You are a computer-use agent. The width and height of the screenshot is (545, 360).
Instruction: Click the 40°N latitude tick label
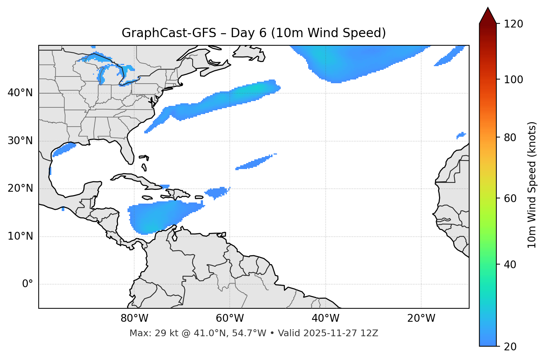20,93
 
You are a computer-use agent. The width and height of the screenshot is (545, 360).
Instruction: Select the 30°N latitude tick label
20,141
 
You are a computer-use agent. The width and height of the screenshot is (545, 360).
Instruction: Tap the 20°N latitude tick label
20,188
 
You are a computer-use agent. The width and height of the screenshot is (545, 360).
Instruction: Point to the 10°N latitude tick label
20,236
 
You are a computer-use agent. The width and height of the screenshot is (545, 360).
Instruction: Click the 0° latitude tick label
28,284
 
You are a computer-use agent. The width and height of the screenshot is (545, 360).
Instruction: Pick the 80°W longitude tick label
134,318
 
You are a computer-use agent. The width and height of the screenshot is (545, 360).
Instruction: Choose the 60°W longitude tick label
230,318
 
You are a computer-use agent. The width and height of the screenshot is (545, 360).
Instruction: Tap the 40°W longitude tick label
325,318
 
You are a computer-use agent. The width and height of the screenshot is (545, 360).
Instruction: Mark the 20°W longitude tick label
421,318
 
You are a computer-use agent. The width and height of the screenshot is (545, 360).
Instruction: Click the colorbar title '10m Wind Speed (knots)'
532,185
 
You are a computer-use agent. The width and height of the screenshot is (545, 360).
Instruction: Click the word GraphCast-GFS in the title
169,33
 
